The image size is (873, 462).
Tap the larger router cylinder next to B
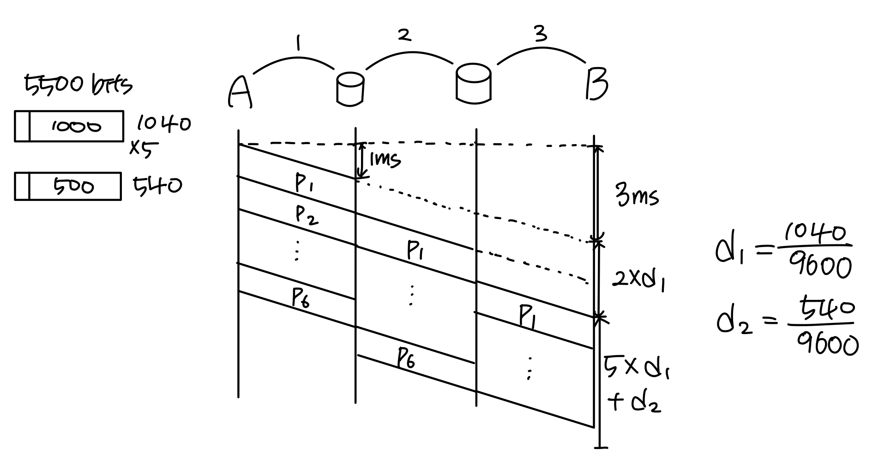pyautogui.click(x=473, y=83)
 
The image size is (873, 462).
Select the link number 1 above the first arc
pyautogui.click(x=299, y=44)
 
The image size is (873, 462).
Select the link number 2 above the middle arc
pyautogui.click(x=404, y=36)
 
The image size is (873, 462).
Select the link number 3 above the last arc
pyautogui.click(x=541, y=34)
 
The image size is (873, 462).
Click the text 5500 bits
pyautogui.click(x=78, y=85)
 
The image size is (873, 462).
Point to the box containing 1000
pyautogui.click(x=69, y=126)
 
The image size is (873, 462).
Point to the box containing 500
pyautogui.click(x=68, y=186)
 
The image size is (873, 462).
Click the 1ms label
pyautogui.click(x=385, y=160)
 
